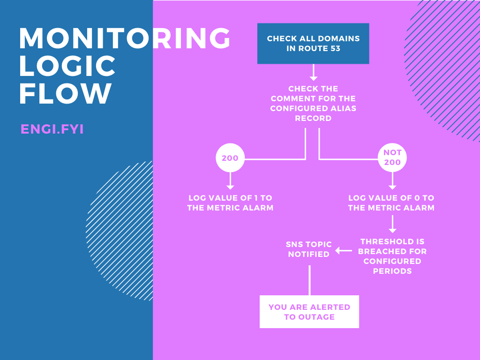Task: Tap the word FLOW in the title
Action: point(66,94)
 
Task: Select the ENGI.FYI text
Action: point(52,129)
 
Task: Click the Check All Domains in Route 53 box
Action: point(313,43)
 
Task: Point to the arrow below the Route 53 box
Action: point(314,72)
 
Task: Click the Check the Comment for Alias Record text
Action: point(313,103)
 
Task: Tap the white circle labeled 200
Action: point(230,158)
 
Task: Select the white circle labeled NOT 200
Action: point(392,158)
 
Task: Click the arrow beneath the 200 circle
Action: point(230,181)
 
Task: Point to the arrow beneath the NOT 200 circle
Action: point(392,181)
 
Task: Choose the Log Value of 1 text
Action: point(230,202)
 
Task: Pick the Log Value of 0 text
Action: point(391,202)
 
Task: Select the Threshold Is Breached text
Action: point(392,256)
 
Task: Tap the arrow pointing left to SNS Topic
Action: point(344,251)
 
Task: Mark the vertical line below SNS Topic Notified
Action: point(309,280)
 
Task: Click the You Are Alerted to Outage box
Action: point(309,312)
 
